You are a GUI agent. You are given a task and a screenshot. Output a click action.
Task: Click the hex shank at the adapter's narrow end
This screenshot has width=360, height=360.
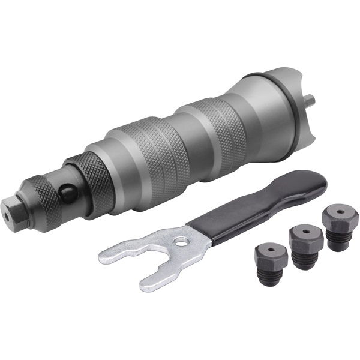[19, 208]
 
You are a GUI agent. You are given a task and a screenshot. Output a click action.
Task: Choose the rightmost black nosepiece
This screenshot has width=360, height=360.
[338, 221]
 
